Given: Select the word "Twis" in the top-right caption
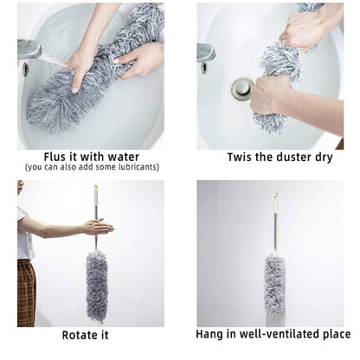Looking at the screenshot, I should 243,157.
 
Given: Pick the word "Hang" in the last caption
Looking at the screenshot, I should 212,335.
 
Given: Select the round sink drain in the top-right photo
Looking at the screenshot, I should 241,87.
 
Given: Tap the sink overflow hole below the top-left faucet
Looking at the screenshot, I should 25,69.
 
